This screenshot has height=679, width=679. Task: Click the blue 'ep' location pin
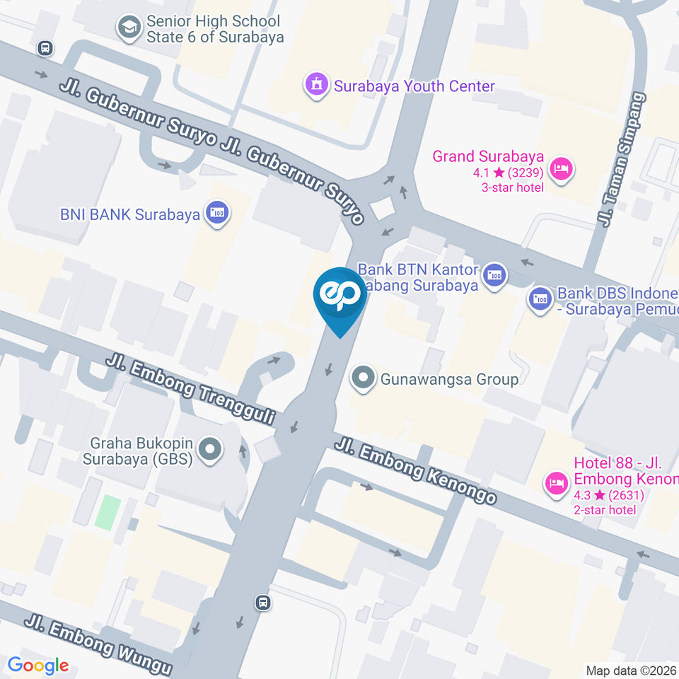(340, 297)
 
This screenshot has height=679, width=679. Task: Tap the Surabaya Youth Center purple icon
(316, 85)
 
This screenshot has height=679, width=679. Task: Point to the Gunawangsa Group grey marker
(364, 378)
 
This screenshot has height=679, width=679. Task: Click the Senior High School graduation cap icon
(129, 28)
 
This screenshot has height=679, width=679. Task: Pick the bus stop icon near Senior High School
(46, 47)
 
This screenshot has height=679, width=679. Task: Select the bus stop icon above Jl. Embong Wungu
(263, 602)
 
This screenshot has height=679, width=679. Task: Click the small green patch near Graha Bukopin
(108, 512)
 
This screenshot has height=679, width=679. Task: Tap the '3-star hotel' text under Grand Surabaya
(513, 187)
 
